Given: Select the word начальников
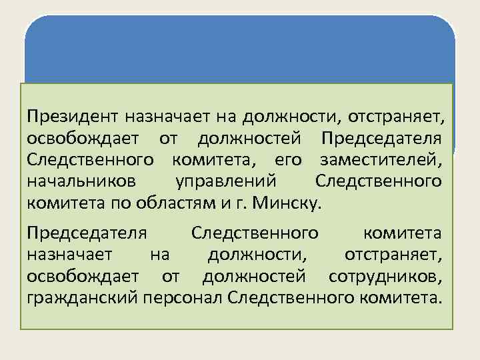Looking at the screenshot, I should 82,181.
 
